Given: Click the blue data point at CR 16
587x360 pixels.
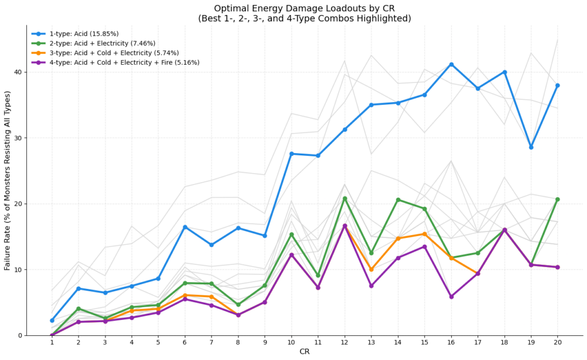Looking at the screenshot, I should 451,64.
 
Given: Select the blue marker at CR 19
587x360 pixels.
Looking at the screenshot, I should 531,147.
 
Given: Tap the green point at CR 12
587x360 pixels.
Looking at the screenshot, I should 345,198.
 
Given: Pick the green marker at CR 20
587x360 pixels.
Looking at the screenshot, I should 557,199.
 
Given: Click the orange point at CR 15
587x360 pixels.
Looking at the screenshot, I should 424,234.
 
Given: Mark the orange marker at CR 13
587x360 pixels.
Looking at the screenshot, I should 371,269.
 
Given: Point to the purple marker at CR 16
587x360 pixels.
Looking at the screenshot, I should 451,296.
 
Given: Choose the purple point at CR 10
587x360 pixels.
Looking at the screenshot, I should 291,255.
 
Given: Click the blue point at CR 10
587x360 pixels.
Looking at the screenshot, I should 291,154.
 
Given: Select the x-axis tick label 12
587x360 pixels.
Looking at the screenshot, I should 345,343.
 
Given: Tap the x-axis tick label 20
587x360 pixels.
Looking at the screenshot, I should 557,343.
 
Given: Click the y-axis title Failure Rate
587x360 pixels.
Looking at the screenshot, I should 7,181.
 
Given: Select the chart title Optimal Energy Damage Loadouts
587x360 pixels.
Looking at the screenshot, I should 304,9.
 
